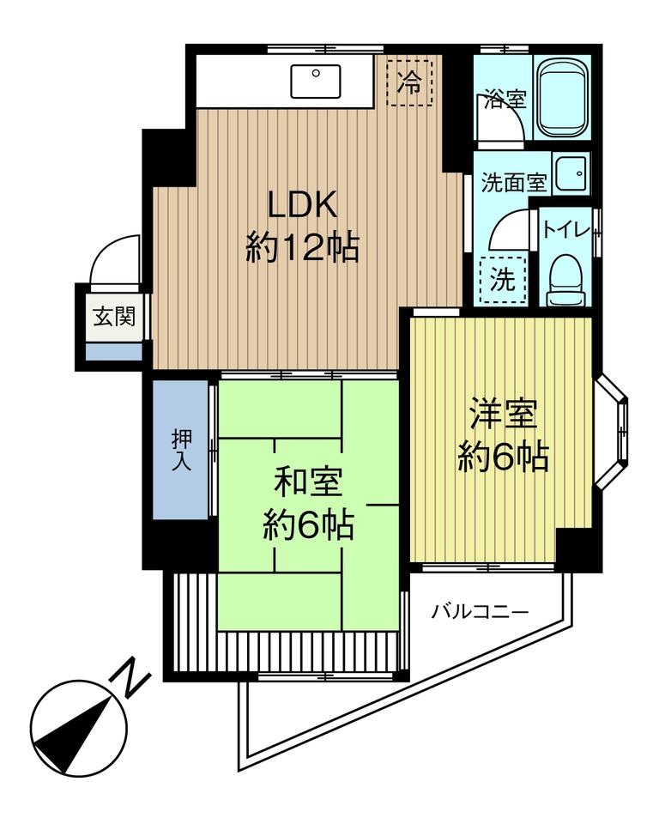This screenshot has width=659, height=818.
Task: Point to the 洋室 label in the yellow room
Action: [x=503, y=414]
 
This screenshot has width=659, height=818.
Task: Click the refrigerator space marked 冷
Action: [x=409, y=83]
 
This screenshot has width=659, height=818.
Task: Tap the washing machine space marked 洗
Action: [x=503, y=281]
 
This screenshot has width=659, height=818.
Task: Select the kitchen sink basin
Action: [x=316, y=81]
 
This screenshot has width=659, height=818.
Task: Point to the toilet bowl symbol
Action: [x=565, y=281]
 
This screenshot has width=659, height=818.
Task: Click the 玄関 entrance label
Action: [x=114, y=316]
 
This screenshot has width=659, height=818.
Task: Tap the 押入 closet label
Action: [x=182, y=451]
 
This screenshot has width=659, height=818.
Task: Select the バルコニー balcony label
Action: [x=480, y=611]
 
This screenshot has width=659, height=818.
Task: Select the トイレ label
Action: [x=566, y=229]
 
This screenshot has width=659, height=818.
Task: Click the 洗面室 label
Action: [x=514, y=183]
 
